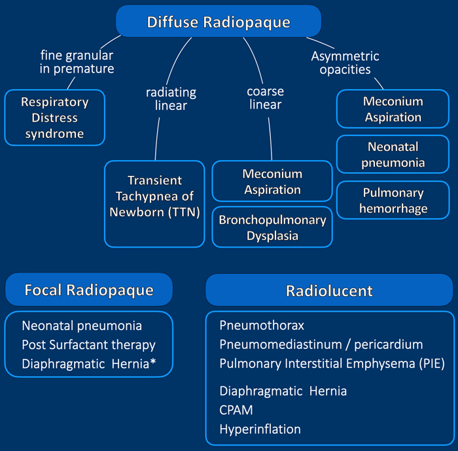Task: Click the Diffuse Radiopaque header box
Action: [219, 22]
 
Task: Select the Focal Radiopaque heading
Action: [89, 290]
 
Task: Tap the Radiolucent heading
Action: [329, 290]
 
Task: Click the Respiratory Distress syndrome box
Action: [54, 118]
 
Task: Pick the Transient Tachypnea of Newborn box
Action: [154, 204]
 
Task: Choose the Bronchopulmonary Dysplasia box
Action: [272, 227]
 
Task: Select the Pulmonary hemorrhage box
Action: [393, 200]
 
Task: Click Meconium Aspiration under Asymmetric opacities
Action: [393, 109]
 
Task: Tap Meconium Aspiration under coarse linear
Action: [272, 181]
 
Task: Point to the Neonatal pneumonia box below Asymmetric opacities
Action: [393, 154]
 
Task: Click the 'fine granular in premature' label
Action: [77, 62]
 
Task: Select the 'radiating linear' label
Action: [171, 99]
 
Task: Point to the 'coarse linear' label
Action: [265, 98]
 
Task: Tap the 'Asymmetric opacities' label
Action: [345, 63]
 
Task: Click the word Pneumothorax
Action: [262, 325]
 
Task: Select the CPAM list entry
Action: [236, 410]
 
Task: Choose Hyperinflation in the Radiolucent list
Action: [260, 429]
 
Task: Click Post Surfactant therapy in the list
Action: [88, 344]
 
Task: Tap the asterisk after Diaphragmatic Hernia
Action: [152, 362]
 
